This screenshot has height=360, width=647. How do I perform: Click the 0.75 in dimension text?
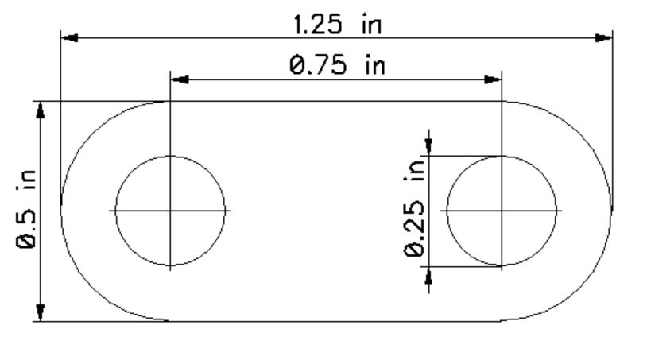pyautogui.click(x=337, y=65)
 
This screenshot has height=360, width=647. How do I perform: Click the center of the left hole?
pyautogui.click(x=170, y=211)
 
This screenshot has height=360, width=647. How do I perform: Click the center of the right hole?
pyautogui.click(x=502, y=211)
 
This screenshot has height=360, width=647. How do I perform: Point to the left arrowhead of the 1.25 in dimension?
pyautogui.click(x=69, y=37)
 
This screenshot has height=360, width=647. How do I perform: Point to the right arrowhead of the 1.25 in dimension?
pyautogui.click(x=604, y=37)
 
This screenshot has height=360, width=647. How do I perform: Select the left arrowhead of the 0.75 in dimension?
pyautogui.click(x=179, y=79)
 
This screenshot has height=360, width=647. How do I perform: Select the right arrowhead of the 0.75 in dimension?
pyautogui.click(x=494, y=79)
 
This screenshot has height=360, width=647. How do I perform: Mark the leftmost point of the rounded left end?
pyautogui.click(x=61, y=211)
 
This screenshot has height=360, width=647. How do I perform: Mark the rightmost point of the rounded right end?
pyautogui.click(x=612, y=211)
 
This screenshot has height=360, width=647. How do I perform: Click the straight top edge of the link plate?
pyautogui.click(x=334, y=102)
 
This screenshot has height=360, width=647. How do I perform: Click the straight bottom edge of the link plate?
pyautogui.click(x=334, y=321)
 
